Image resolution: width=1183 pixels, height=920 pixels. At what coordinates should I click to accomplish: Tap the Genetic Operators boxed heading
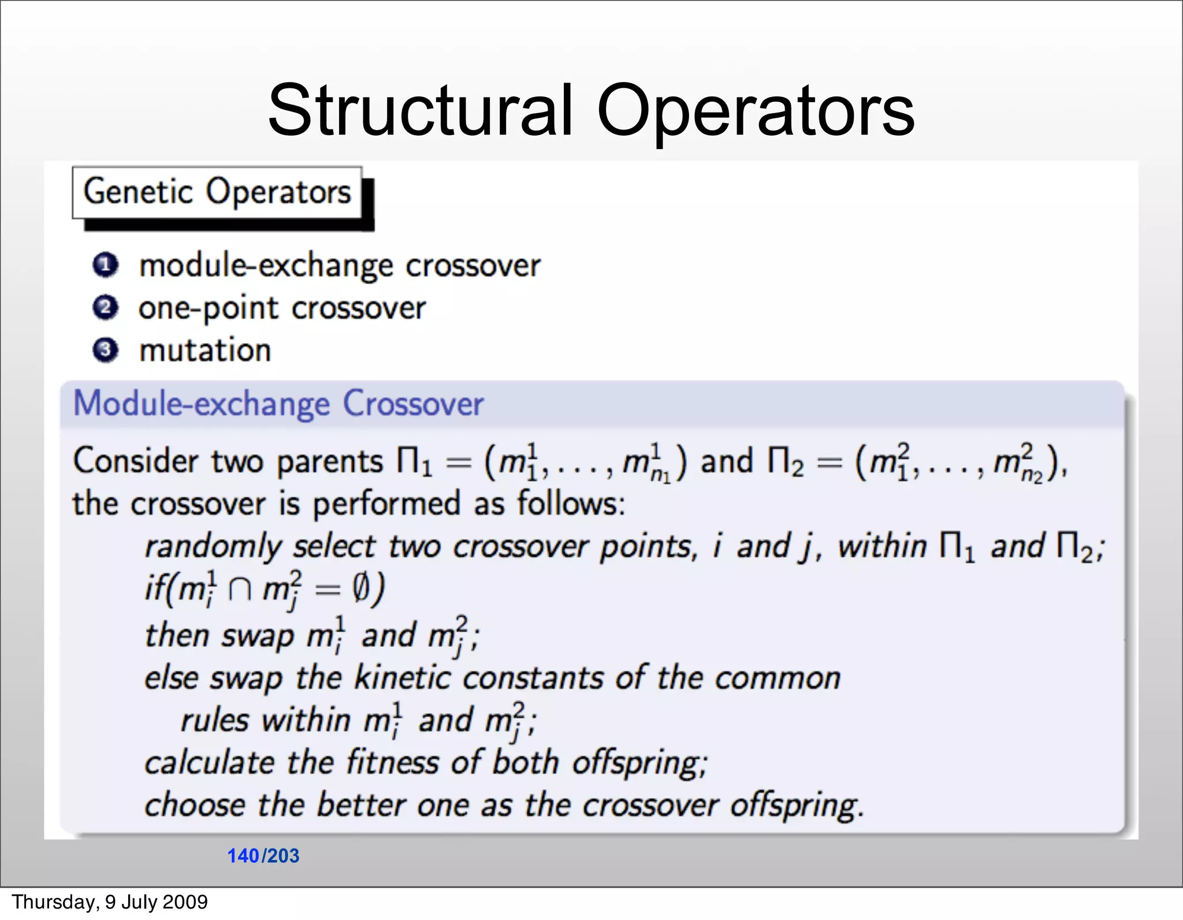coord(217,192)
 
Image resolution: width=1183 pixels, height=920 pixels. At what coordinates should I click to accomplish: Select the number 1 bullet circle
coord(106,266)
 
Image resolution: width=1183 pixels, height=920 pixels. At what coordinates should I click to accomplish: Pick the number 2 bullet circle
coord(106,308)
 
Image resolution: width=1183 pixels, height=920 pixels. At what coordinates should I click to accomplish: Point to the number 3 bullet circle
coord(106,350)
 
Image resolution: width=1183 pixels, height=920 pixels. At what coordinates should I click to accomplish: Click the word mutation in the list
coord(205,351)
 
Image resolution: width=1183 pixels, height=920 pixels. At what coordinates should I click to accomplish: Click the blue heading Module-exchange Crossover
coord(278,403)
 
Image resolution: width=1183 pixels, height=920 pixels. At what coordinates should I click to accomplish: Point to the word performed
coord(386,504)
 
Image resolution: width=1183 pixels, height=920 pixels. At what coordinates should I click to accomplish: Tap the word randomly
coord(211,547)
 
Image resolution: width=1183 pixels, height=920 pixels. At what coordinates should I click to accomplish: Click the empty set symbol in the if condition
coord(360,590)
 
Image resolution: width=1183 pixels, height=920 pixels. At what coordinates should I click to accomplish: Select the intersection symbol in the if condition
coord(239,590)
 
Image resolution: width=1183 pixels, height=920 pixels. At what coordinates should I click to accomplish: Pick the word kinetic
coord(402,677)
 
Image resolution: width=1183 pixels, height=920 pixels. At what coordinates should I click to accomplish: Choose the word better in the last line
coord(361,804)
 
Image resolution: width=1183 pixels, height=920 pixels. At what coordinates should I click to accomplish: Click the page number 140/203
coord(263,855)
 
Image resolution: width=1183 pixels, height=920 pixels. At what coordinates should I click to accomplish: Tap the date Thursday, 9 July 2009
coord(110,902)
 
